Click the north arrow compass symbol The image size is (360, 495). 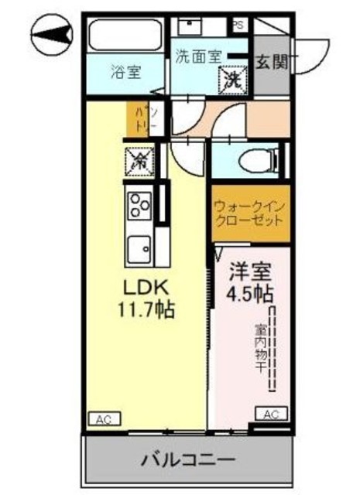[50, 33]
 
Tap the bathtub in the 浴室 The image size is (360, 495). [125, 36]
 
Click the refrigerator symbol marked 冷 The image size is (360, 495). [139, 162]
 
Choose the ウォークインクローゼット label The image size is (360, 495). [250, 213]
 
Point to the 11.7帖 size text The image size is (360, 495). [145, 311]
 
